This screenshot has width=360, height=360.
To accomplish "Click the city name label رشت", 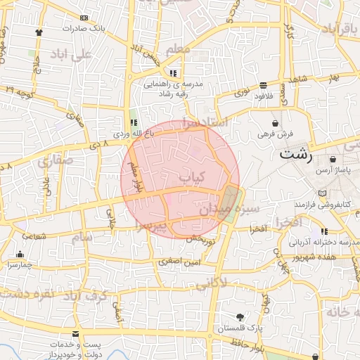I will (x=297, y=154).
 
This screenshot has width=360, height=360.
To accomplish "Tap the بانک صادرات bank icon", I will (x=85, y=17).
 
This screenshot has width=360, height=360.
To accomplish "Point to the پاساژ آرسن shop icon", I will (x=332, y=160).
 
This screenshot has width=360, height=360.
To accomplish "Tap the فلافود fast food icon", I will (x=263, y=84).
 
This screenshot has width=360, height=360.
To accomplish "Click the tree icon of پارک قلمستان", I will (x=241, y=317).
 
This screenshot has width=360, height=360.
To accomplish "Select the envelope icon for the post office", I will (x=76, y=333).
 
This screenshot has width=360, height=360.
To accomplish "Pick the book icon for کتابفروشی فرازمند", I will (x=322, y=193).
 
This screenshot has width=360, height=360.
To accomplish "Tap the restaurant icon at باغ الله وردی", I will (x=134, y=122).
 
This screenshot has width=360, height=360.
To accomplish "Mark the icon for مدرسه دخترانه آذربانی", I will (x=324, y=231).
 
